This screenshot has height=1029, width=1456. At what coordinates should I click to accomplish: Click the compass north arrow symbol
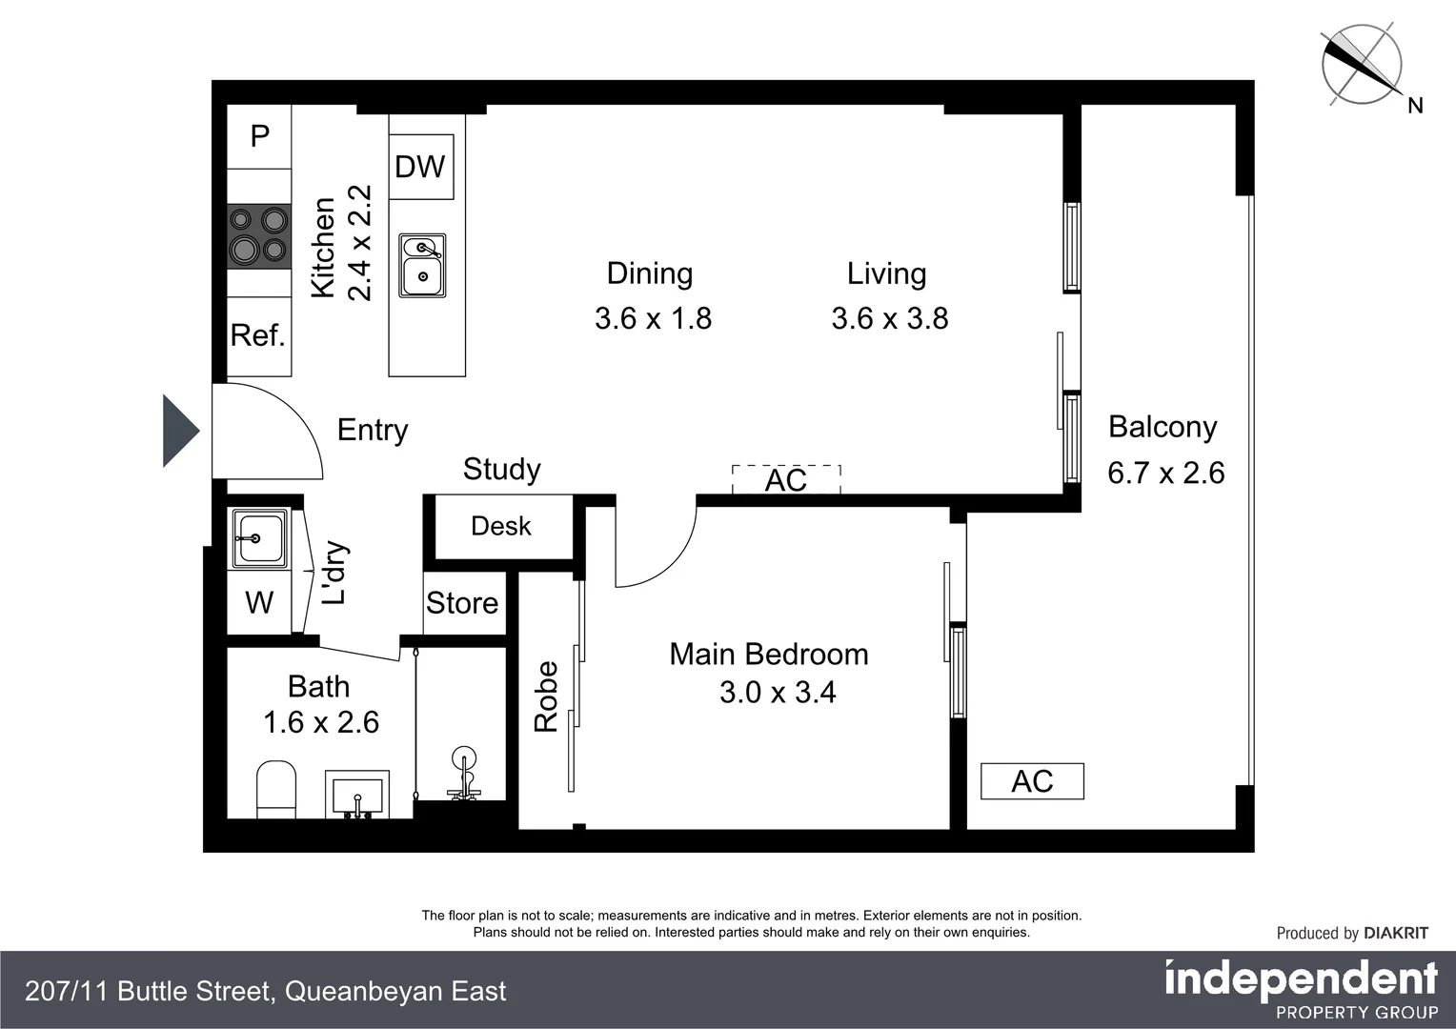pos(1362,65)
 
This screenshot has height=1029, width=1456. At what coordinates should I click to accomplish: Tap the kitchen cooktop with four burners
pos(258,236)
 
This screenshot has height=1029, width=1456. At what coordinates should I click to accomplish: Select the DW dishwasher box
pos(421,167)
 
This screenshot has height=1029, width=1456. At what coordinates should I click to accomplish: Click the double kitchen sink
pos(422,265)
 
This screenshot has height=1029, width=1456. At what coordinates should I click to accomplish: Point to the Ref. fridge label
pos(258,335)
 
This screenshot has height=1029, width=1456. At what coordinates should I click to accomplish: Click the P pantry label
pos(260,136)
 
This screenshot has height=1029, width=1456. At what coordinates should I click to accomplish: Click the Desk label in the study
pos(501,526)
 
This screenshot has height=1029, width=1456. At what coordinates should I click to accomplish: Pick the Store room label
pos(462,603)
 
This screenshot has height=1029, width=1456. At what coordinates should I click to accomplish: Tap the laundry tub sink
pos(258,538)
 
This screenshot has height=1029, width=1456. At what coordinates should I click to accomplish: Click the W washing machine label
pos(259,602)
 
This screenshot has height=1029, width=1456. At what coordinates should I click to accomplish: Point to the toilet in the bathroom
pos(276,789)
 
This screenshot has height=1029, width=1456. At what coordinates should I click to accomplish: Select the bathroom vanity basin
pos(356,795)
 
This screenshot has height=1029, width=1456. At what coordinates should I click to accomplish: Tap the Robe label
pos(546,696)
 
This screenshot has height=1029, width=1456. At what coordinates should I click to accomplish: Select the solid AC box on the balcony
pos(1032,780)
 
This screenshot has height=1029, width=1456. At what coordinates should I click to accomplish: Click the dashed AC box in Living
pos(786,479)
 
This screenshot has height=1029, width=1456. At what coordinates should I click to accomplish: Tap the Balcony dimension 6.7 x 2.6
pos(1166,473)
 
